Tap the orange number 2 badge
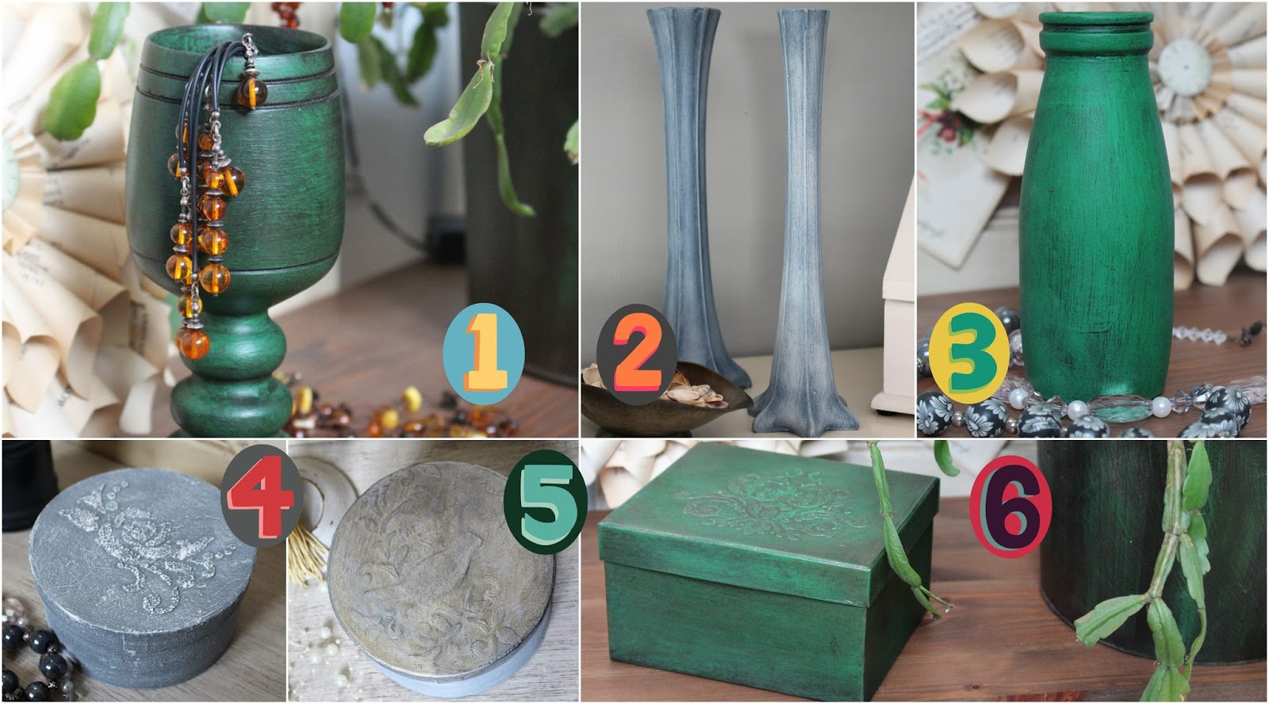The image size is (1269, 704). (x=637, y=354)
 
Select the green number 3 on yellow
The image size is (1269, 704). (x=969, y=354)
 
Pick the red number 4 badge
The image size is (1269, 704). (x=262, y=496)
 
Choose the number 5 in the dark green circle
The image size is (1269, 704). (x=545, y=502)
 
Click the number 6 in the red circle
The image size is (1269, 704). (x=1010, y=507)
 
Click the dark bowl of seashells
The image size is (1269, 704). (x=663, y=400)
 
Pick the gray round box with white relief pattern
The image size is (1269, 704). (x=142, y=572)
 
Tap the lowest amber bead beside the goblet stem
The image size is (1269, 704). (x=194, y=343)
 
